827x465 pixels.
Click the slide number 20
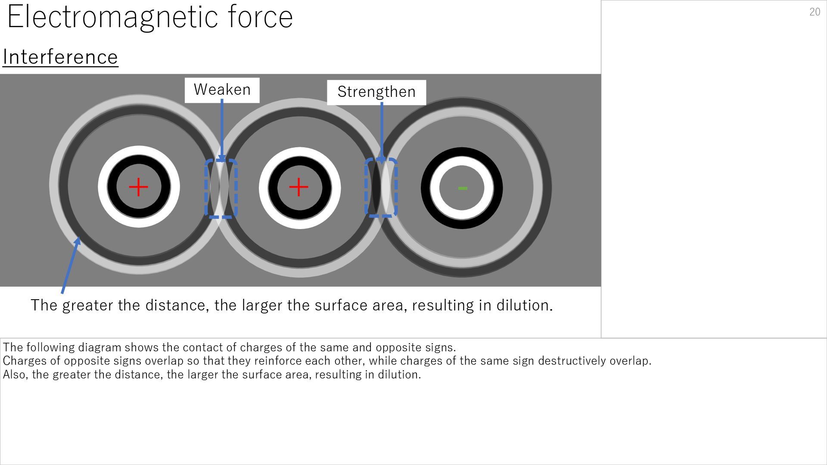[815, 12]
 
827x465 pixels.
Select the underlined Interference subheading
[60, 57]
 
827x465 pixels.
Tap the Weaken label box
[222, 90]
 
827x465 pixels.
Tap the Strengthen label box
[376, 92]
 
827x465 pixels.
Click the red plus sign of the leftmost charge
[138, 187]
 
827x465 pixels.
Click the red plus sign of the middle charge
[299, 187]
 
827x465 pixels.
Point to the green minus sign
[462, 188]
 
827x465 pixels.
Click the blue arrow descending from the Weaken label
[222, 129]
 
